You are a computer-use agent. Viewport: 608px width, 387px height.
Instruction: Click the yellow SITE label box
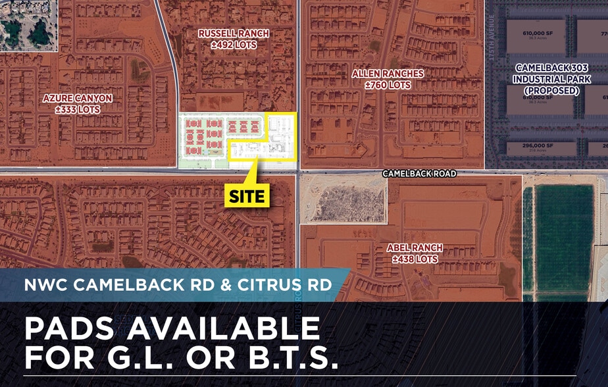(x=248, y=195)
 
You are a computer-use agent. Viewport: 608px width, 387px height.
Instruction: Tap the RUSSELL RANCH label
(x=234, y=34)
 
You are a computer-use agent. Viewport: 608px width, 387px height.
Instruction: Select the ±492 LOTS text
(x=234, y=45)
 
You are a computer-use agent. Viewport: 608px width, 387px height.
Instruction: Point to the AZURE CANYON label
(x=78, y=98)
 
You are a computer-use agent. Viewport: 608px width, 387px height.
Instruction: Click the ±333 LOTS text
(x=78, y=109)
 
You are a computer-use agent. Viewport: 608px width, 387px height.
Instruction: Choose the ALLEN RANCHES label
(x=388, y=74)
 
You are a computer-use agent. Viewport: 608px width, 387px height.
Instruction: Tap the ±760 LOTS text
(x=388, y=85)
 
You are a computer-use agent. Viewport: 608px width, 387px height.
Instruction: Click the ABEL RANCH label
(x=415, y=247)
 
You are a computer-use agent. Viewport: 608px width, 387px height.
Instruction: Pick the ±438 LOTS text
(x=415, y=259)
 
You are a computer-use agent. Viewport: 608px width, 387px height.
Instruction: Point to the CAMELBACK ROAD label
(x=419, y=174)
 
